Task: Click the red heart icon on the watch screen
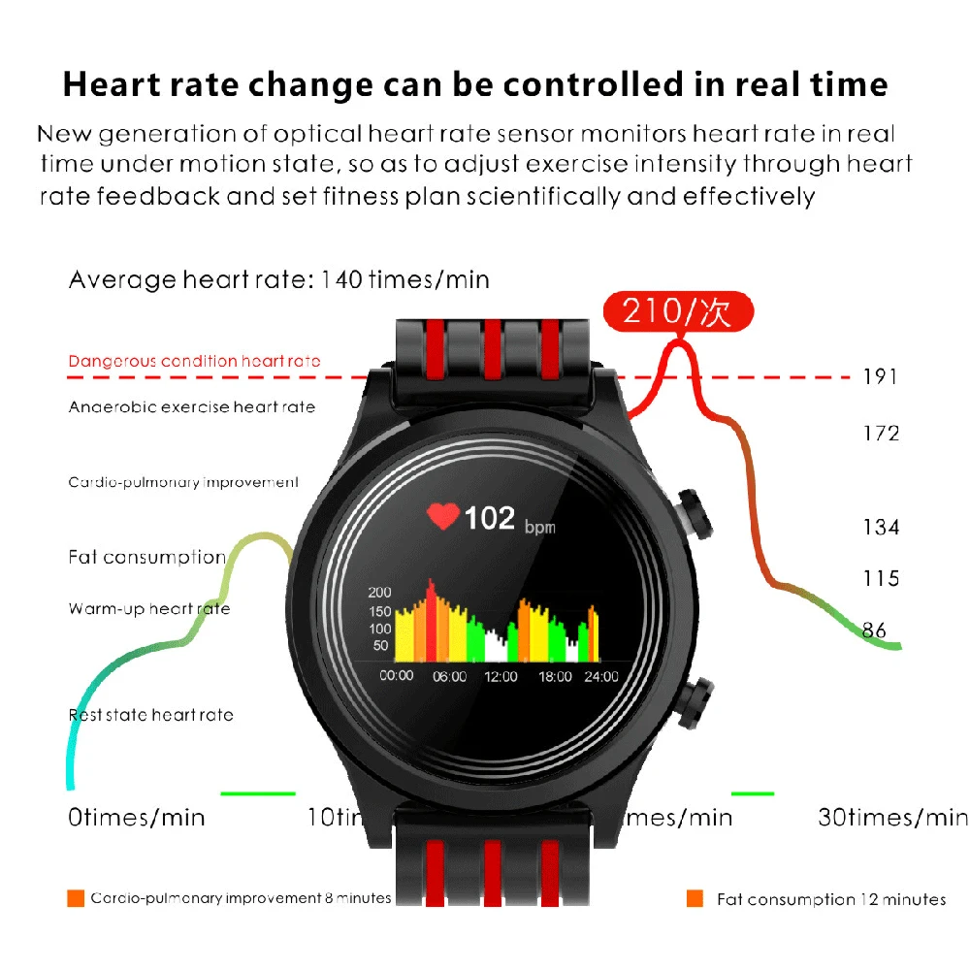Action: point(443,517)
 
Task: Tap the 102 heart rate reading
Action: point(489,518)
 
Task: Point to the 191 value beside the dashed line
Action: point(881,377)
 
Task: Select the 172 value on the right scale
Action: point(881,433)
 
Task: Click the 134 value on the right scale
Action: point(881,527)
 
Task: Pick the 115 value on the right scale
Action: point(881,578)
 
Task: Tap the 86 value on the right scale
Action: point(874,630)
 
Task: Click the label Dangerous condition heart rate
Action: point(194,362)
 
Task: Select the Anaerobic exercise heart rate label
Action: point(192,407)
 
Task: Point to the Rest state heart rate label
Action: point(150,715)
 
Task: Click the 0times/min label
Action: point(137,818)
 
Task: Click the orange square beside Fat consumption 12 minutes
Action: point(695,898)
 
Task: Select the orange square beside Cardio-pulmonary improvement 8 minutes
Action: point(76,898)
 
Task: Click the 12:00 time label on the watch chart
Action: point(501,676)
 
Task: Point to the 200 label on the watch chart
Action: point(378,593)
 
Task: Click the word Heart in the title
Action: point(113,84)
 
